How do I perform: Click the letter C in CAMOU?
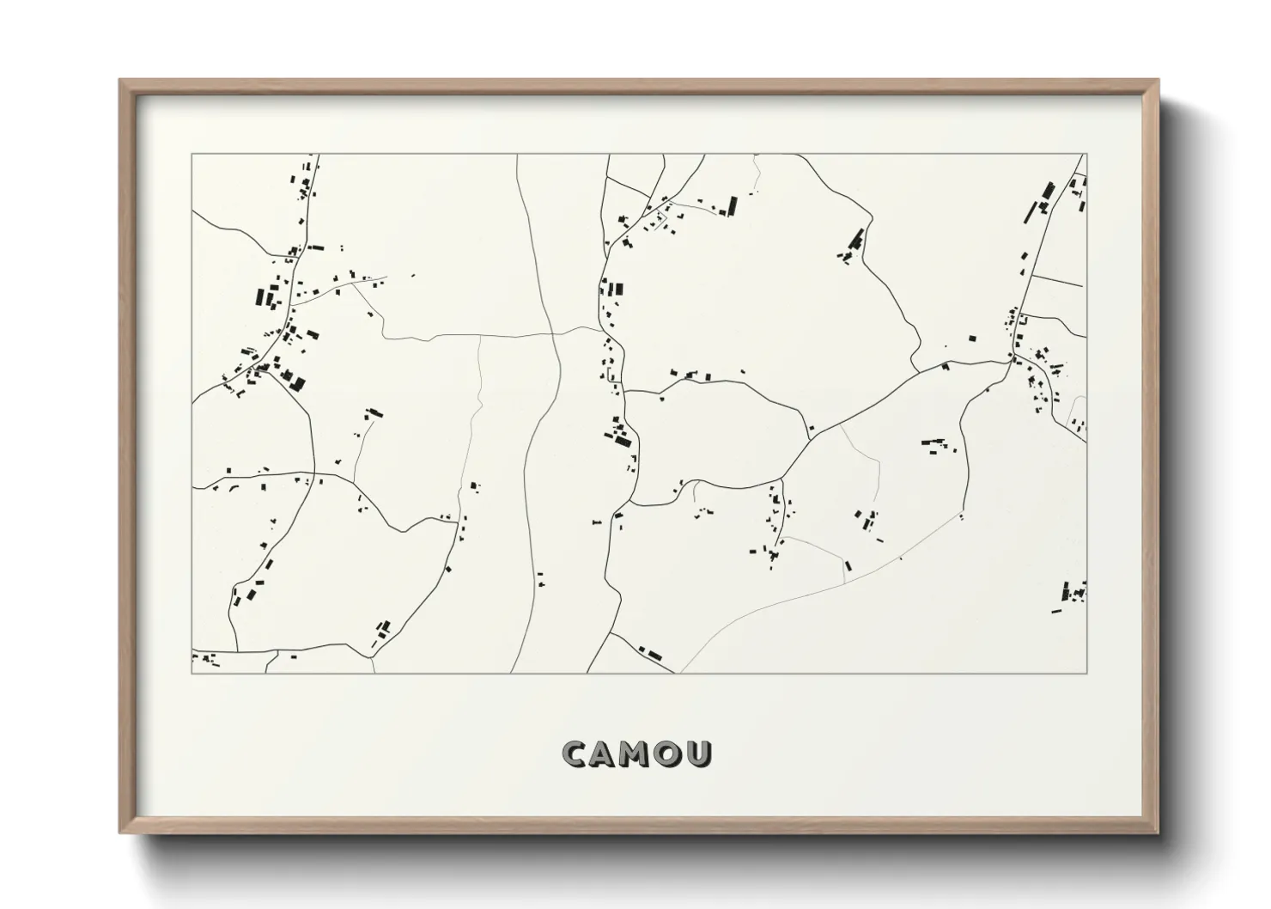[575, 754]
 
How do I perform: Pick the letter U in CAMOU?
[700, 754]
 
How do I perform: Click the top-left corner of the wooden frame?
[119, 80]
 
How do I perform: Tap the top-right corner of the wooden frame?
[1158, 80]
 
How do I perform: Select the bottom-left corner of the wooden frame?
[119, 833]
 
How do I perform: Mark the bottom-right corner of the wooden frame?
[1158, 833]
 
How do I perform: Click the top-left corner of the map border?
[192, 155]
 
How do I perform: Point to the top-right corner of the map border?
[1086, 155]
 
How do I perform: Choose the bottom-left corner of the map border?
[192, 673]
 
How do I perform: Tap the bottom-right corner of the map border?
[1086, 673]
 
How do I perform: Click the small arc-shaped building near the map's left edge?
[232, 487]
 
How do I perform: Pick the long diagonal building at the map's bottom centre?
[654, 655]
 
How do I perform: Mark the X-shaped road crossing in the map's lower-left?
[314, 473]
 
